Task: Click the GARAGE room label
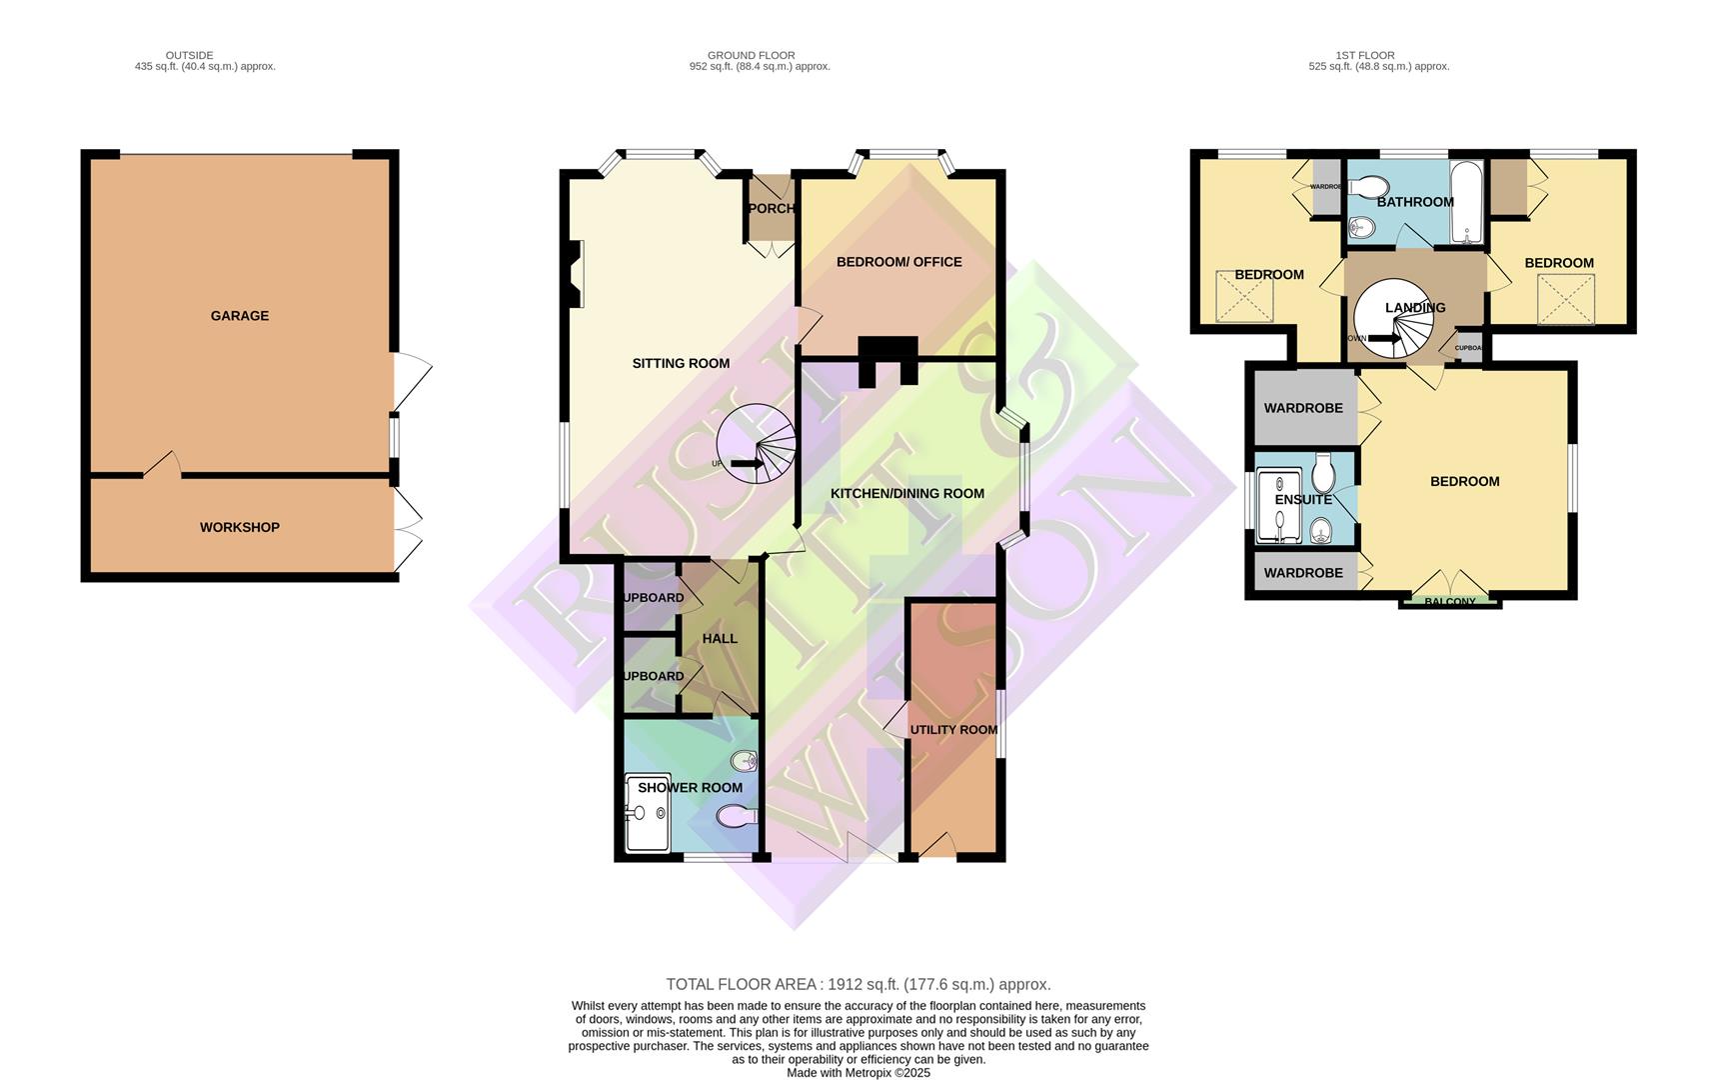coord(239,316)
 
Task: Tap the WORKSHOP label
coord(239,527)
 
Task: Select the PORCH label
coord(771,209)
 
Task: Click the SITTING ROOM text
coord(681,364)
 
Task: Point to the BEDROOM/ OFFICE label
coord(898,262)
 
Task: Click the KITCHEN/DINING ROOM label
coord(907,493)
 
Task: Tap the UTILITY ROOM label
coord(953,730)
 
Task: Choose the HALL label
coord(720,639)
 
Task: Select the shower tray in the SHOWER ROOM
coord(647,813)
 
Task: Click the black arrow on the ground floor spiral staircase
coord(746,464)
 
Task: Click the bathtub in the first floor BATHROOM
coord(1465,202)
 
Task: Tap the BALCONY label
coord(1449,602)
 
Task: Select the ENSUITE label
coord(1303,500)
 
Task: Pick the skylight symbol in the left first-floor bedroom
coord(1244,297)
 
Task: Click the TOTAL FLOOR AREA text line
coord(858,985)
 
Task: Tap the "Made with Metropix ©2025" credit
coord(858,1073)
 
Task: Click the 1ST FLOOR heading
coord(1364,55)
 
